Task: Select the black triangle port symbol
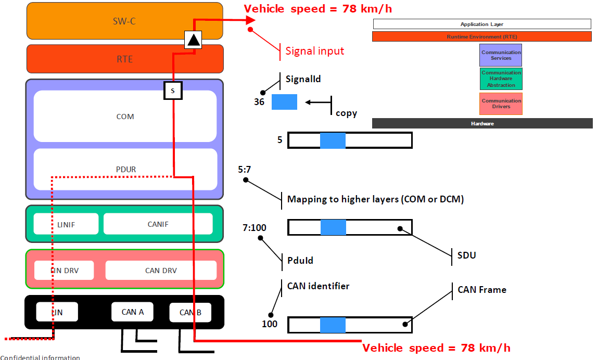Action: (x=193, y=40)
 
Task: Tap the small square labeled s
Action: (x=173, y=91)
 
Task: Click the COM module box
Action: (x=125, y=117)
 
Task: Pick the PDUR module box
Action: (x=125, y=169)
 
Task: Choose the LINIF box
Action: (x=66, y=224)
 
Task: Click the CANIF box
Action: (x=158, y=224)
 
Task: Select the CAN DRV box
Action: (x=161, y=271)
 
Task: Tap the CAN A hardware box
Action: (x=133, y=312)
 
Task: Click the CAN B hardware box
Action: (x=190, y=313)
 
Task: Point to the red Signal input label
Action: (x=314, y=51)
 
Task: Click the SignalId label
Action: (x=303, y=79)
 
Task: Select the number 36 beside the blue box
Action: (x=259, y=102)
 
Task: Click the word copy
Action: (x=346, y=113)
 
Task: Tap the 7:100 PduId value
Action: (x=254, y=227)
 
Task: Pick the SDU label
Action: (x=466, y=255)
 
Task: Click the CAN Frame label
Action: (x=481, y=290)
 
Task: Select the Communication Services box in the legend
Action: (x=501, y=55)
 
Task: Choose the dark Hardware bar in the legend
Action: (x=482, y=123)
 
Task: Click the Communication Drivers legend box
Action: (x=501, y=104)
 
